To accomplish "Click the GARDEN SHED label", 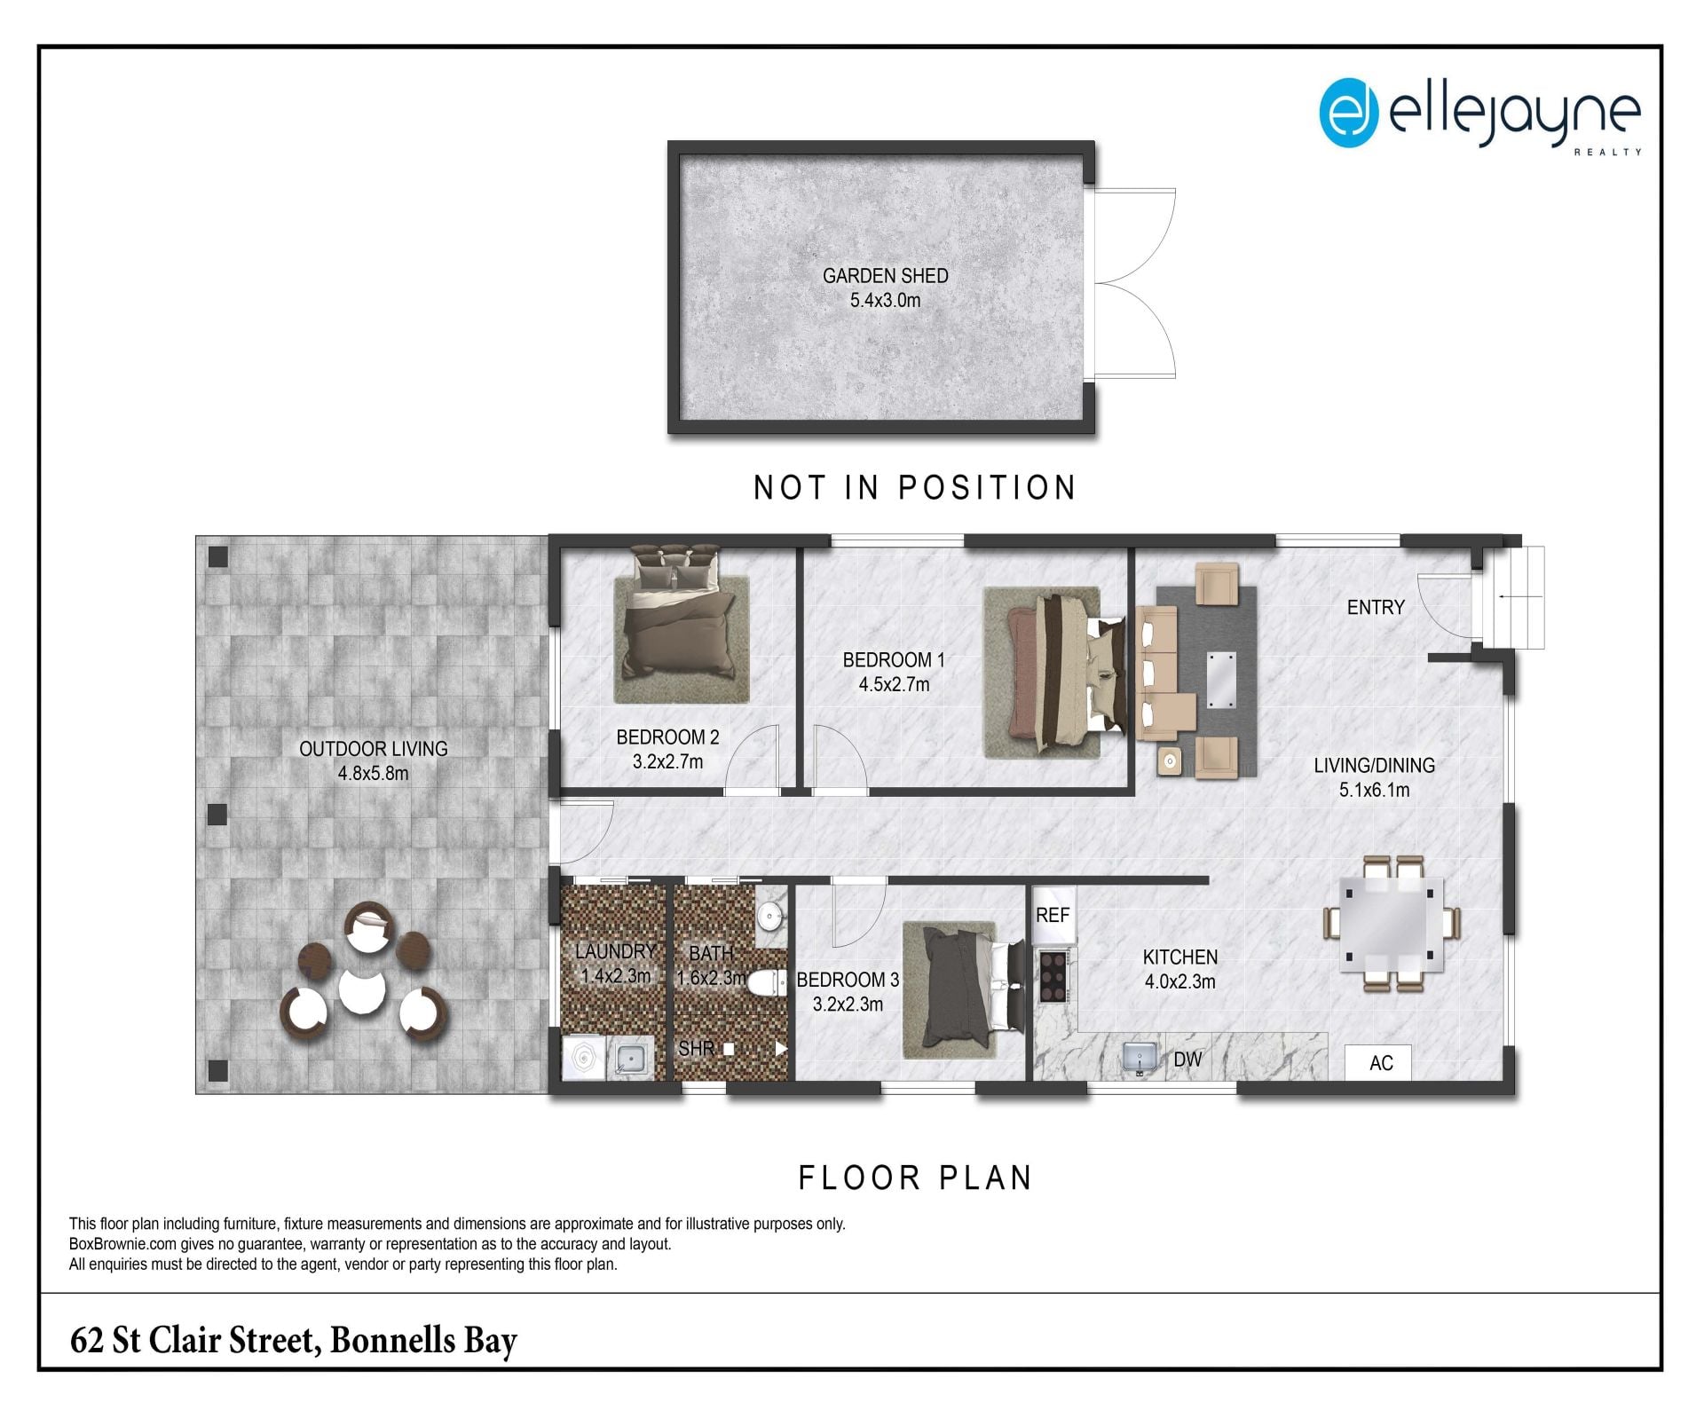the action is [x=885, y=276].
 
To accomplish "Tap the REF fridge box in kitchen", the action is [x=1053, y=915].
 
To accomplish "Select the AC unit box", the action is [x=1378, y=1063].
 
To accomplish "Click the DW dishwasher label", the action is [x=1187, y=1060].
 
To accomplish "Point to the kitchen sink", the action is [x=1140, y=1057].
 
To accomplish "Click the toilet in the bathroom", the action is [x=767, y=982].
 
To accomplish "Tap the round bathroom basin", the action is [x=770, y=916].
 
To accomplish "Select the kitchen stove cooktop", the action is [x=1053, y=975].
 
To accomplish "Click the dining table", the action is [x=1390, y=923].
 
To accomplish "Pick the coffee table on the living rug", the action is [x=1220, y=680].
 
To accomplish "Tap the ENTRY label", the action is [x=1376, y=608].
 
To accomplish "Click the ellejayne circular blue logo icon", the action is [x=1348, y=113].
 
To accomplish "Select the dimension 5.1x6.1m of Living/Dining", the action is [x=1374, y=790].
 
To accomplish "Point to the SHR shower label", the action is [x=696, y=1049].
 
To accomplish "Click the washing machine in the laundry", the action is [x=584, y=1059].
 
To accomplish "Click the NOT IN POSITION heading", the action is [x=915, y=487].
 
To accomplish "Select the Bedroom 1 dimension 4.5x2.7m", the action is [x=894, y=684].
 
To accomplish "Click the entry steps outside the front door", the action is [x=1515, y=597].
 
